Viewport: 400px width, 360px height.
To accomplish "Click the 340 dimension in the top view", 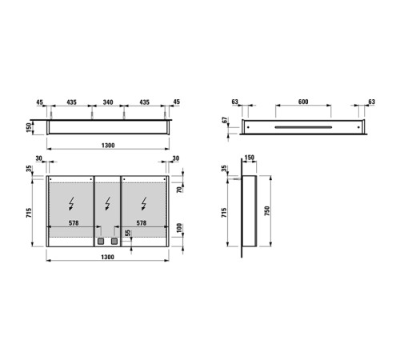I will (x=108, y=102).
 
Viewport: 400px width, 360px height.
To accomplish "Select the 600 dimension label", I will (x=302, y=102).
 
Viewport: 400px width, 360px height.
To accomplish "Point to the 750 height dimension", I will (x=276, y=213).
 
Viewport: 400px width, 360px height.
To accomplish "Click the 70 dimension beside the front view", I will (x=180, y=190).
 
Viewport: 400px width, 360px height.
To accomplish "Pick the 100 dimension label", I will (x=180, y=228).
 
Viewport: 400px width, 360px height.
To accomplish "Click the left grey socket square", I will (x=101, y=240).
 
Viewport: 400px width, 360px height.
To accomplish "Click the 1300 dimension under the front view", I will (x=108, y=258).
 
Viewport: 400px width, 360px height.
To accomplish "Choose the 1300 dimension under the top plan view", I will (x=108, y=146).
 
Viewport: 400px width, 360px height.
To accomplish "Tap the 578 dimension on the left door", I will (x=73, y=223).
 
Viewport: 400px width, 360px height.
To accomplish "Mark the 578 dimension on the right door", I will (x=143, y=223).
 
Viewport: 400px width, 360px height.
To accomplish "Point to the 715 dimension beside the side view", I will (x=226, y=213).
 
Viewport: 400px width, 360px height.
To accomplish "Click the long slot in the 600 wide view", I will (x=302, y=127).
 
